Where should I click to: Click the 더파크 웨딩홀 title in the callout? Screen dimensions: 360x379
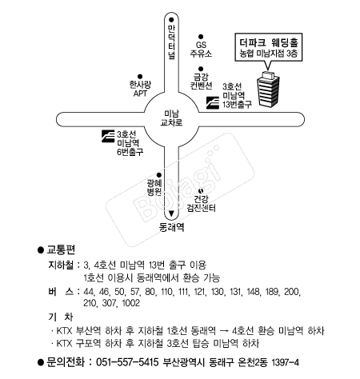269,42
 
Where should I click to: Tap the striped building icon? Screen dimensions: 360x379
268,90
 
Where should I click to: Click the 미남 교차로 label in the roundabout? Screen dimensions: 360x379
171,118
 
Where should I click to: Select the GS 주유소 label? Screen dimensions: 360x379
201,49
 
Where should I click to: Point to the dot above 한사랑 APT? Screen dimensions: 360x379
140,77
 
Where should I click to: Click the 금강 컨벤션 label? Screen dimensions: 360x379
201,82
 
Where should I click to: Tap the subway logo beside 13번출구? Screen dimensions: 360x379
213,103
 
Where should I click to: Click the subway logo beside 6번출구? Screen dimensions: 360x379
108,136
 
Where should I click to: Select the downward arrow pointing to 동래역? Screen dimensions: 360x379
171,213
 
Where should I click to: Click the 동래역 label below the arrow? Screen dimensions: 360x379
171,227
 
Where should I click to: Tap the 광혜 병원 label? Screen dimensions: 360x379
154,187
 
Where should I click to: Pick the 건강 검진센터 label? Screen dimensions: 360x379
201,203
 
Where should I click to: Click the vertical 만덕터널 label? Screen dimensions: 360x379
171,42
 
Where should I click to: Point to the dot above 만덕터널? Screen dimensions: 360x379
171,20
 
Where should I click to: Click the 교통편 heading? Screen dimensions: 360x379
61,249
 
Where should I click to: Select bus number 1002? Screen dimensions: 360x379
130,303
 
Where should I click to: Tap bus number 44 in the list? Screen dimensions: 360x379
89,292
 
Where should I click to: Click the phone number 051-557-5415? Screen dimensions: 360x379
127,362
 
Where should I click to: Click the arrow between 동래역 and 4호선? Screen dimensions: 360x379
223,331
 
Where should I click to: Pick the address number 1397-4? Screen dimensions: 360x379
285,362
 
